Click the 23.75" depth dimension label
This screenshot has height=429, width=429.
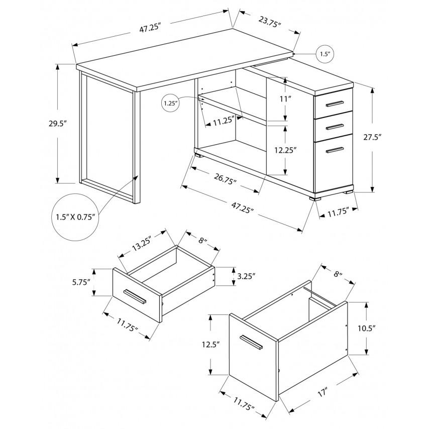click(x=270, y=21)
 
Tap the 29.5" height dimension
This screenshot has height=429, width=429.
click(x=58, y=124)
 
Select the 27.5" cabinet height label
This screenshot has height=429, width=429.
click(x=372, y=137)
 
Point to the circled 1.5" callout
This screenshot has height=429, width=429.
click(x=326, y=54)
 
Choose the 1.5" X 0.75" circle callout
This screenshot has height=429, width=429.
click(x=75, y=217)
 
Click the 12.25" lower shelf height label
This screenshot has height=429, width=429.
click(x=286, y=150)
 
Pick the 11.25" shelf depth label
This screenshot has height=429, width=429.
click(x=224, y=121)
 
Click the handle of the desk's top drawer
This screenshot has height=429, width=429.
click(x=335, y=103)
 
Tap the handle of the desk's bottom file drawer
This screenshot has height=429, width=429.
click(x=335, y=150)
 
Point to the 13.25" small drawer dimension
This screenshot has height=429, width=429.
click(x=142, y=243)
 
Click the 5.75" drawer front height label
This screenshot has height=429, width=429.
click(x=81, y=282)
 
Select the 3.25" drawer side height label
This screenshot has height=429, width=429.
click(x=246, y=276)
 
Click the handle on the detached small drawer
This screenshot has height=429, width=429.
click(x=135, y=296)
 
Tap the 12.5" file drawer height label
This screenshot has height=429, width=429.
click(x=211, y=345)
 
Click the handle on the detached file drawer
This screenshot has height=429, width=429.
click(x=251, y=342)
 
